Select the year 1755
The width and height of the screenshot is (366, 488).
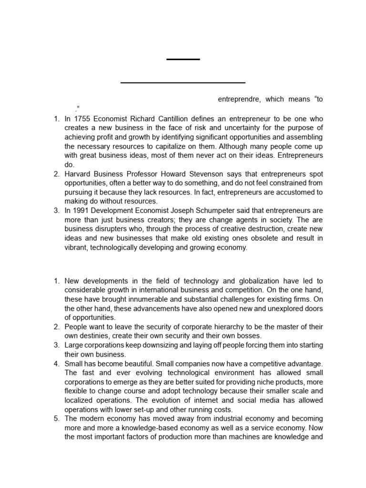pyautogui.click(x=82, y=119)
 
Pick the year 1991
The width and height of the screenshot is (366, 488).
pyautogui.click(x=82, y=211)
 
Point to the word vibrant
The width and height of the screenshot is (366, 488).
pyautogui.click(x=76, y=248)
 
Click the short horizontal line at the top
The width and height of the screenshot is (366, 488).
pyautogui.click(x=183, y=59)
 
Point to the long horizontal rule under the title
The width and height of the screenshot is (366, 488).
pyautogui.click(x=183, y=83)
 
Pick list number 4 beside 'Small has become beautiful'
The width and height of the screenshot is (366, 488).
pyautogui.click(x=56, y=364)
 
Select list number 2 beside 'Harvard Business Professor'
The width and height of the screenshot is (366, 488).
pyautogui.click(x=56, y=174)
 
